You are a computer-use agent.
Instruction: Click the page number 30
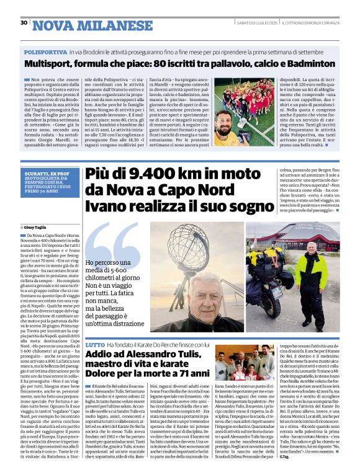(x=24, y=23)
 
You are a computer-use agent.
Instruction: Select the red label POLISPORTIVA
(x=45, y=54)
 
